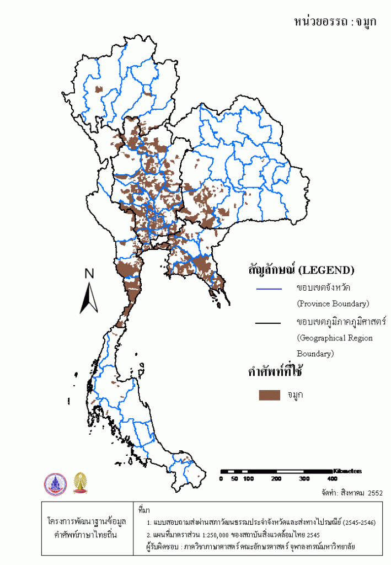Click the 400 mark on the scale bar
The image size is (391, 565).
(x=332, y=479)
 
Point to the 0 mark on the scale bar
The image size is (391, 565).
(x=221, y=479)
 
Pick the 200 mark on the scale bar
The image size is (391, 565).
(x=276, y=479)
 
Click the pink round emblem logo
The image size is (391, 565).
(x=55, y=483)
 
